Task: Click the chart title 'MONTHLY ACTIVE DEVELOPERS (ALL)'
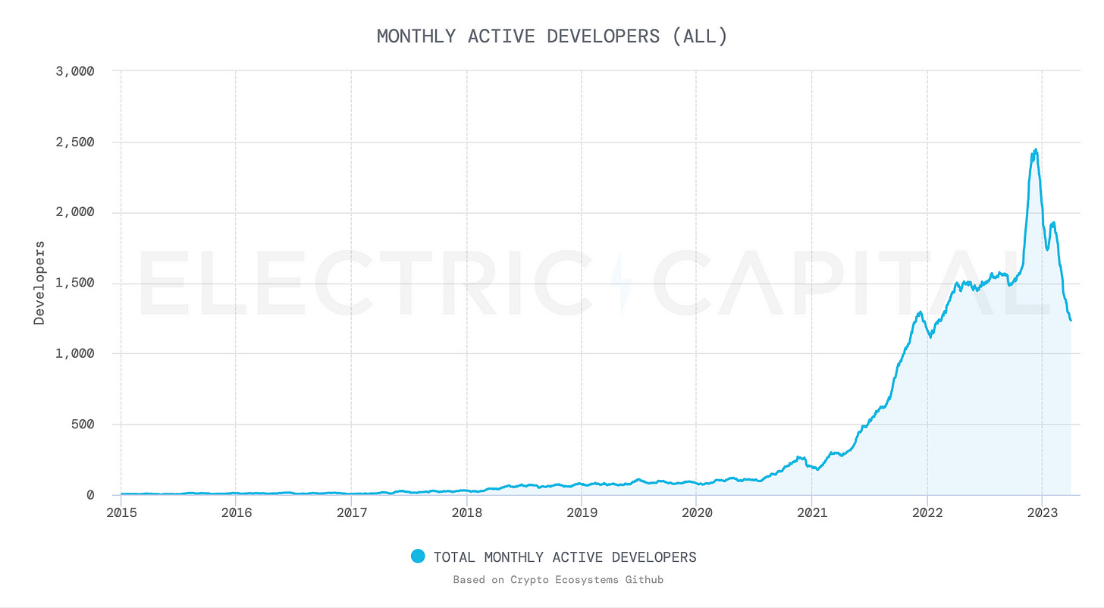point(552,36)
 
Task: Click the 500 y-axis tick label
point(80,424)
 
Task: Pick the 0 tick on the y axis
point(90,495)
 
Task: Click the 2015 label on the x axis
point(121,513)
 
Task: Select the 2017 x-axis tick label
point(351,513)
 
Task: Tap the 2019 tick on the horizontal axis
point(582,513)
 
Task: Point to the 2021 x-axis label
point(811,513)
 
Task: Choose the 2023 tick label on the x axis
point(1042,513)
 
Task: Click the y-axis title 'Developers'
point(39,283)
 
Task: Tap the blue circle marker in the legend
point(417,556)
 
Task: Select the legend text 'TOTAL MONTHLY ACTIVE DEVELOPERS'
point(564,557)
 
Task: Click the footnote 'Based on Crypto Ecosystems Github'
point(558,580)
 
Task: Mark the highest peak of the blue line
point(1036,150)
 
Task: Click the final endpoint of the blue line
point(1070,320)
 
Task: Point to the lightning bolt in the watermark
point(620,282)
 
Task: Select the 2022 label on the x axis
point(927,513)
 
